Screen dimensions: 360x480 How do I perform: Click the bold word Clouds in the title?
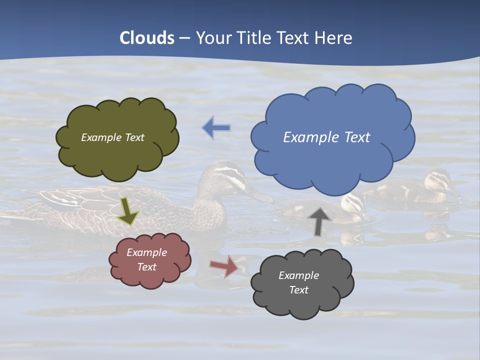[x=147, y=38]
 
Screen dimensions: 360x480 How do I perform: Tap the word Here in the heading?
[x=333, y=38]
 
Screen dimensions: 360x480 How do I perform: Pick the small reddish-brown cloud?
[x=150, y=260]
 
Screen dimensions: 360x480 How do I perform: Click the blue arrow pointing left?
[x=216, y=128]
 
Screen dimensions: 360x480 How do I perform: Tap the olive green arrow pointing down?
[x=127, y=210]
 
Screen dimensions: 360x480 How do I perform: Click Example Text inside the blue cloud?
[x=326, y=137]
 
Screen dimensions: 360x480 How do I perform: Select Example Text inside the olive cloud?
[x=112, y=137]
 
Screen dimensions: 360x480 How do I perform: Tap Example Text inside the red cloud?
[x=146, y=259]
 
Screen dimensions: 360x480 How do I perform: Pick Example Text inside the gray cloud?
[x=298, y=282]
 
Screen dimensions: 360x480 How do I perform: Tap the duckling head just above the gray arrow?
[x=352, y=202]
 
